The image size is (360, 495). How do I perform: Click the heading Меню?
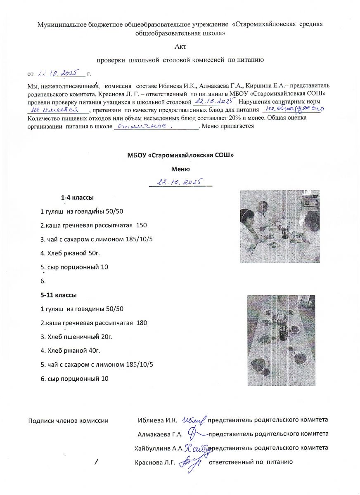point(180,169)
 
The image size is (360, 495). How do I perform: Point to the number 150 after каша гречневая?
point(142,225)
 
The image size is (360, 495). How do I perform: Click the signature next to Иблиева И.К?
point(193,420)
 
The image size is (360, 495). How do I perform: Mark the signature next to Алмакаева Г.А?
point(196,433)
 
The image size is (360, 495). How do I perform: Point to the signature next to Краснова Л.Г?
point(192,461)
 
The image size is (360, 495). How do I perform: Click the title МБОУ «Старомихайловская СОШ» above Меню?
point(180,156)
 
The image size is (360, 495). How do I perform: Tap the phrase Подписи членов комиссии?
point(68,421)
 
